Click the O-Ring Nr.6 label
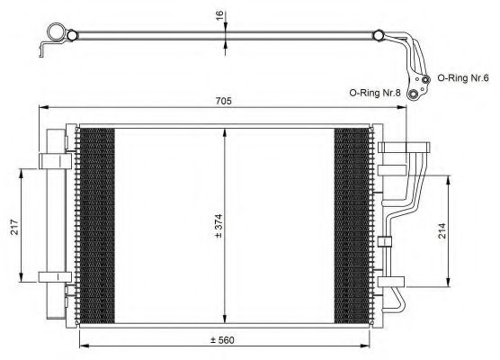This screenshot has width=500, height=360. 466,78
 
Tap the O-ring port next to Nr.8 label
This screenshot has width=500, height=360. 414,93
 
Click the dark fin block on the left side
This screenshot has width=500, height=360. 98,222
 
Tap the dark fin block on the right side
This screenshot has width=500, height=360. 352,222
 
